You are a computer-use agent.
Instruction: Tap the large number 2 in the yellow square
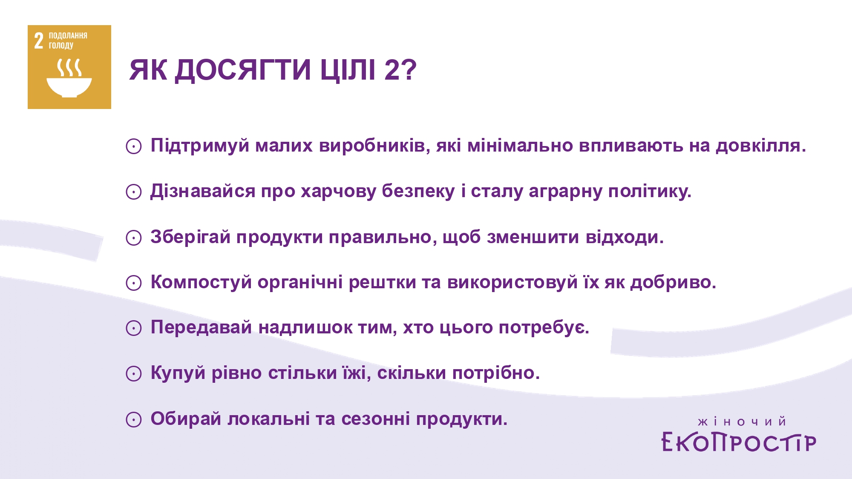tap(39, 41)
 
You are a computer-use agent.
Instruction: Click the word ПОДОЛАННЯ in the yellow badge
tap(68, 36)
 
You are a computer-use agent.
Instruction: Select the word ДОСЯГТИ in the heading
tap(243, 70)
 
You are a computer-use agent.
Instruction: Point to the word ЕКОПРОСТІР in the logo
tap(739, 442)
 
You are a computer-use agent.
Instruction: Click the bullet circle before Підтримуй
tap(133, 146)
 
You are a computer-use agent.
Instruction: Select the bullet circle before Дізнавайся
tap(133, 192)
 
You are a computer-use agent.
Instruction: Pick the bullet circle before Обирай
tap(133, 419)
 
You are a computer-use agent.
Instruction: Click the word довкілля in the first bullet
tap(761, 146)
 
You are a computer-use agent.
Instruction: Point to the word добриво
tap(673, 282)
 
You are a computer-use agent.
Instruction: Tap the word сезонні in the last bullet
tap(376, 419)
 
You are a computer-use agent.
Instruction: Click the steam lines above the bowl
tap(69, 68)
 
